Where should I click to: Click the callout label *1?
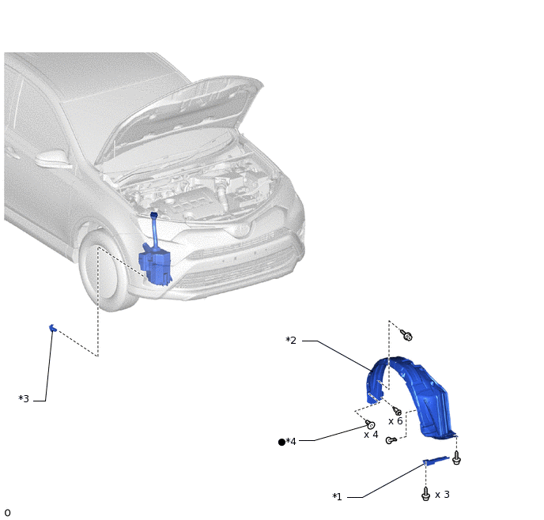337,496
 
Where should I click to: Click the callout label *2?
291,340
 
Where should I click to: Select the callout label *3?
24,398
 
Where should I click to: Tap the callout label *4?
291,441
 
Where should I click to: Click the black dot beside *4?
281,442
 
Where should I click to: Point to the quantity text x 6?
395,421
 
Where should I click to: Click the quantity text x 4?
371,435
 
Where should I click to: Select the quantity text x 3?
442,495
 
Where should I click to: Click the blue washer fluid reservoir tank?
155,266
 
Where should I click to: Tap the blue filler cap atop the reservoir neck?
153,215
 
